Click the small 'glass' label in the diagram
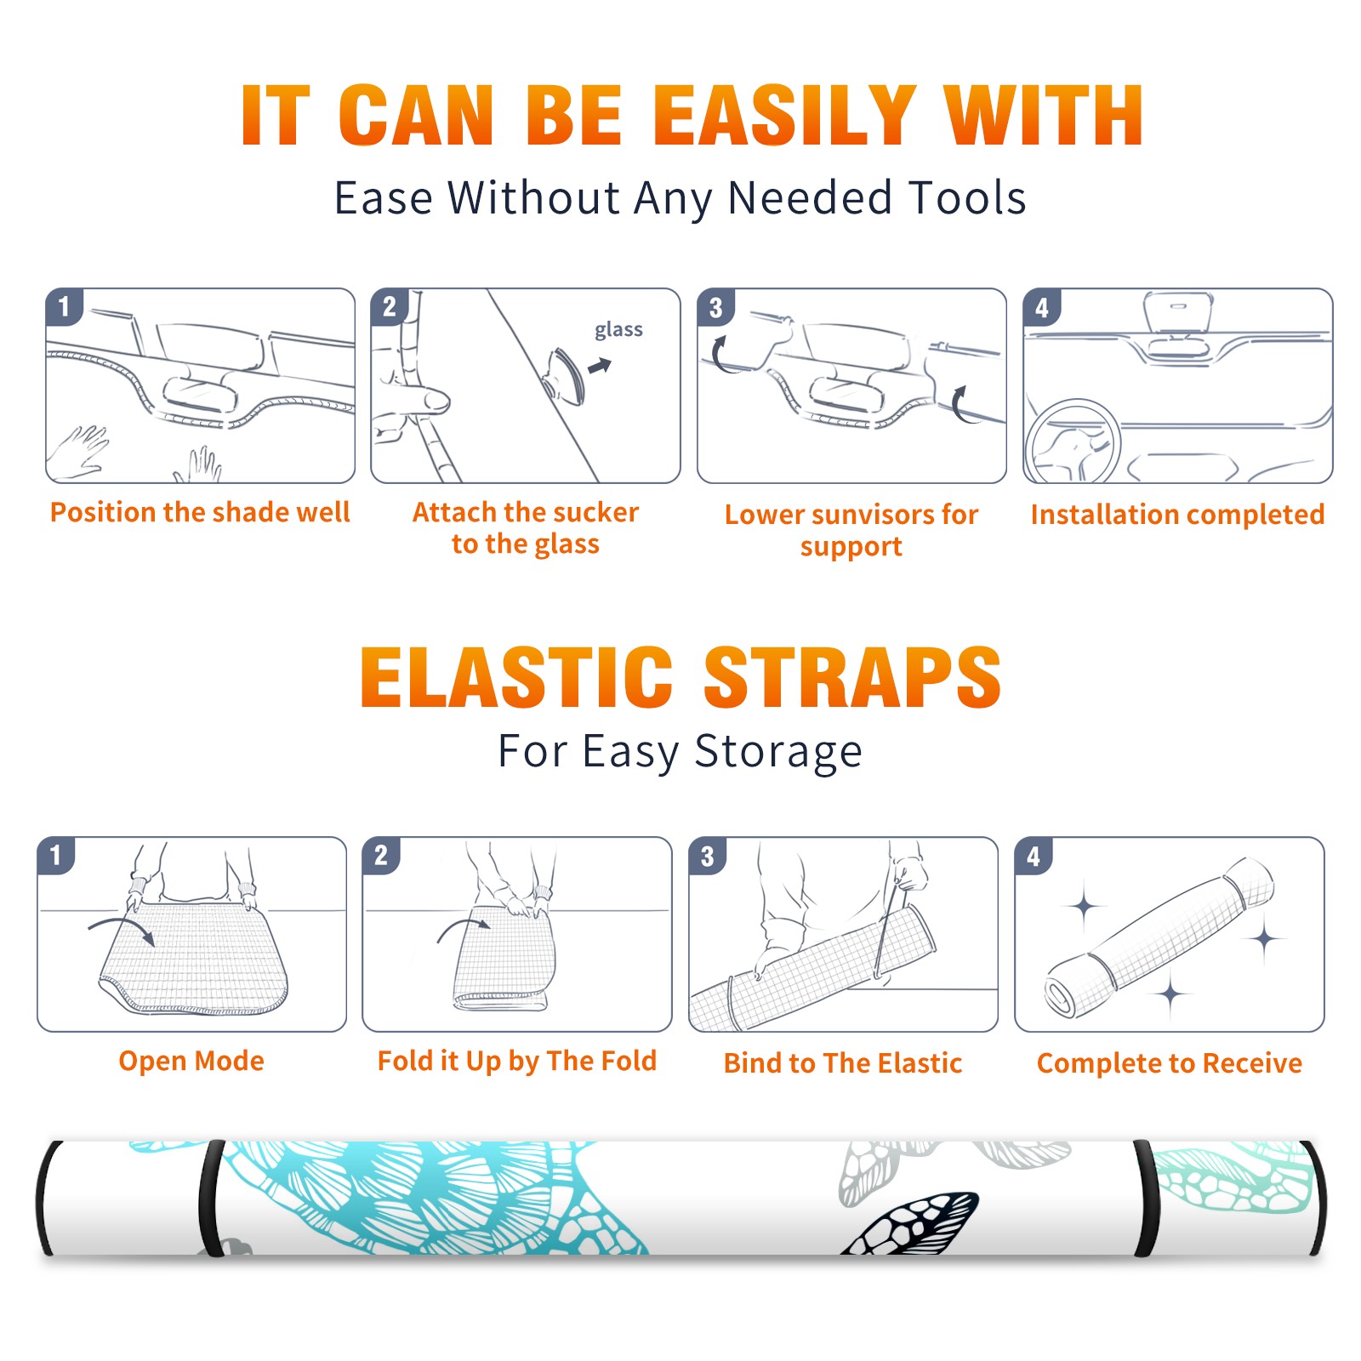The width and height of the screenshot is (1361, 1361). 618,330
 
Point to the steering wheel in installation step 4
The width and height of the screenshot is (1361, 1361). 1073,441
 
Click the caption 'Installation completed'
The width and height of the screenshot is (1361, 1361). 1177,514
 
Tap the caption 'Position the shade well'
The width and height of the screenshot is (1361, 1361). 200,512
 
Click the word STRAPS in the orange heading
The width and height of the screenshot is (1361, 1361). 853,677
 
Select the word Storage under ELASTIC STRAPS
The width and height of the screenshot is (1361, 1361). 778,752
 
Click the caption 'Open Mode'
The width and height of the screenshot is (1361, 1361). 191,1061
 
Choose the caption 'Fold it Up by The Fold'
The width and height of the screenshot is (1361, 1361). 517,1061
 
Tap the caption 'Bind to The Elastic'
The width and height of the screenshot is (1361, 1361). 843,1063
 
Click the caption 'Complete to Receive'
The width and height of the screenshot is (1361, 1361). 1170,1063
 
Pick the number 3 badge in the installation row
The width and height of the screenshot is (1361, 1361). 715,307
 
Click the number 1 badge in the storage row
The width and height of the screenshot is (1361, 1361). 56,855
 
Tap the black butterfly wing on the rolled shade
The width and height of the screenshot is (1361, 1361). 910,1223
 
